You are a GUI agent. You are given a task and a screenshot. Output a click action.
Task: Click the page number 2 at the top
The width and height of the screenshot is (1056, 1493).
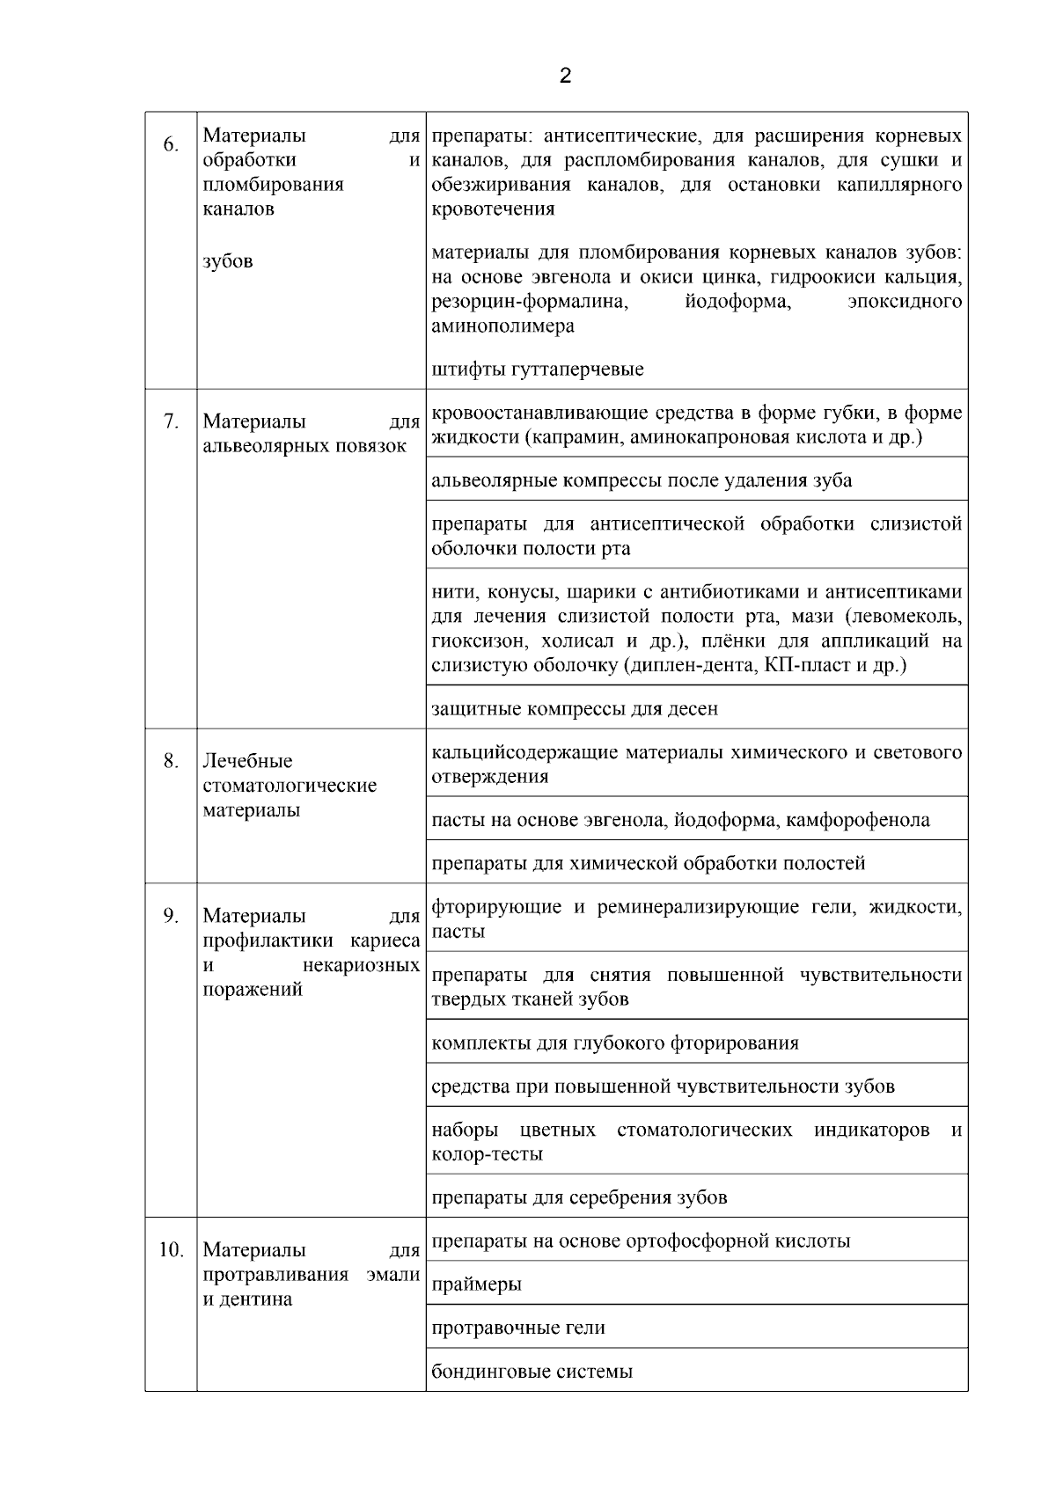pos(565,76)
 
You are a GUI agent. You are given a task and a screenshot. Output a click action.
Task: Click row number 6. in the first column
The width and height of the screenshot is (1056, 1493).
pos(171,143)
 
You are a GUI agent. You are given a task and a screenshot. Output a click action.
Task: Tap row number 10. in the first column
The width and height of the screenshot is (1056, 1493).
pos(171,1249)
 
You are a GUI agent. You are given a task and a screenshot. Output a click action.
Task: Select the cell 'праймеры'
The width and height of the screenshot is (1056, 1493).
pos(476,1284)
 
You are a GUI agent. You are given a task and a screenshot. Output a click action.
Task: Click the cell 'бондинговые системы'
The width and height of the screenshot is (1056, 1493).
pos(532,1371)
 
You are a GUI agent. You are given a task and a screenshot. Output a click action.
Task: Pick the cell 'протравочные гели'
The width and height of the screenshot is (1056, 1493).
pos(518,1328)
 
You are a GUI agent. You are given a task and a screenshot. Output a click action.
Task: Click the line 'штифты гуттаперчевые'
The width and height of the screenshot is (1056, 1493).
pos(538,370)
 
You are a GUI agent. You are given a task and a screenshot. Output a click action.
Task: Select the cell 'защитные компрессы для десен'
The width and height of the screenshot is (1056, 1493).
pos(574,708)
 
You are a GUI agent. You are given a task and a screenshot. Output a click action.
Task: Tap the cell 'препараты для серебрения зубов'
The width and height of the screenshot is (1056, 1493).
pos(579,1197)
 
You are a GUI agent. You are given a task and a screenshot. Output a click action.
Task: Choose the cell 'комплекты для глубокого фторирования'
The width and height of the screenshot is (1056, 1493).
pos(615,1043)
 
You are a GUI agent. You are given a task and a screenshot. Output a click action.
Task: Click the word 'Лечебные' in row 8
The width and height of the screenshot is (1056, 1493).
pos(247,761)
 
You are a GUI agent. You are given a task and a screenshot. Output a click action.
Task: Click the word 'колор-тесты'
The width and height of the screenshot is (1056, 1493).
pos(487,1154)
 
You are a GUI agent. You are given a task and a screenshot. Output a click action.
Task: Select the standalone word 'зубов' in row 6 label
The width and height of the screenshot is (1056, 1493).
pos(227,261)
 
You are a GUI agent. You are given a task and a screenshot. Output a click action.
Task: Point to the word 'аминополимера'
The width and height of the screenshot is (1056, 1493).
pos(502,326)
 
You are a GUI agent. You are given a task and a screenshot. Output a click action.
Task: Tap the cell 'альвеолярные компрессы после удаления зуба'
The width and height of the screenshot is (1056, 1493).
pos(642,480)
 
